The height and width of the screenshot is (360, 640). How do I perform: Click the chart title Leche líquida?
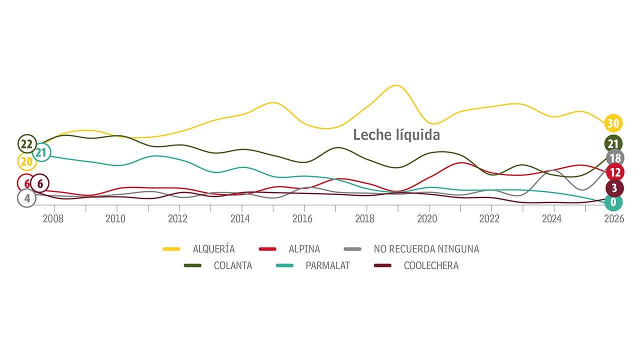pos(396,135)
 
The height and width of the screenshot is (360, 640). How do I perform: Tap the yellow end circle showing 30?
pos(613,122)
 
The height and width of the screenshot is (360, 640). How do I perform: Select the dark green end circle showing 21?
pos(613,144)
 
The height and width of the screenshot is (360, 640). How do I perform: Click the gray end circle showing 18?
pos(615,158)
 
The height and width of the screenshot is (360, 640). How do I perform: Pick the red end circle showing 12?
pos(614,173)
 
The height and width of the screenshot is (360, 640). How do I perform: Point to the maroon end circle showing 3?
pos(614,188)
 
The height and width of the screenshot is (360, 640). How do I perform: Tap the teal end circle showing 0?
pos(613,202)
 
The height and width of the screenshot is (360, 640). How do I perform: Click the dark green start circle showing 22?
pos(26,144)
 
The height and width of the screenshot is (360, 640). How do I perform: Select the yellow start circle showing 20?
pos(26,161)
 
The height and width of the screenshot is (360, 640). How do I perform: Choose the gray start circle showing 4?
pos(26,198)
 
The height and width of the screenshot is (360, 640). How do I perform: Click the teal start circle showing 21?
pos(41,152)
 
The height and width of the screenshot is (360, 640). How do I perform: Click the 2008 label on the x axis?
pos(53,219)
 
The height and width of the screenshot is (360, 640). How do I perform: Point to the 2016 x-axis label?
pos(302,219)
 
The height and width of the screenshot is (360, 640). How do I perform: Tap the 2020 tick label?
pos(427,219)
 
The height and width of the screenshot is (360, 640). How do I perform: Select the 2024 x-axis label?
pos(551,219)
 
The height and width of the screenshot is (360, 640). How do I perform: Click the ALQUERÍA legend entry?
pos(213,249)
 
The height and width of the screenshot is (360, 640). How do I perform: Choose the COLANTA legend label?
pos(232,265)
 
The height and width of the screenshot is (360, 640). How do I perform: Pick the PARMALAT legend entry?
pos(327,265)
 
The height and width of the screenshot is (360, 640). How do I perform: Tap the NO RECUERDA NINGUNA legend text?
pos(426,249)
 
